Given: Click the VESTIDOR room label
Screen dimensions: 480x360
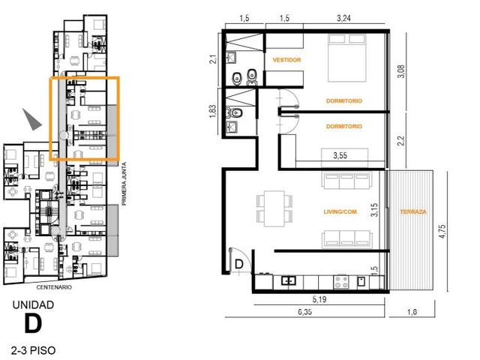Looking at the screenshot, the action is tap(286, 60).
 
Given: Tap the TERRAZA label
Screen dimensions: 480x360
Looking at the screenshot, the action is tap(413, 211).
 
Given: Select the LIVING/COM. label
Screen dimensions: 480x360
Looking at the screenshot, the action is tap(340, 211).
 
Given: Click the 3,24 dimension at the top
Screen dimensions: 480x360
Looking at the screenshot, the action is tap(343, 18).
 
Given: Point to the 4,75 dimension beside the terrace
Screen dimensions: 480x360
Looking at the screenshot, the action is tap(442, 232).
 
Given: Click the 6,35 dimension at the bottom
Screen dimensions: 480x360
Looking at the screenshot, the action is tap(305, 312).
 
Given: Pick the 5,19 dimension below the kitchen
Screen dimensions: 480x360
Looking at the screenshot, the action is tap(319, 299).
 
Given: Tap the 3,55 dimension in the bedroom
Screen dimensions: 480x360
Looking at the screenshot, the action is tap(340, 155).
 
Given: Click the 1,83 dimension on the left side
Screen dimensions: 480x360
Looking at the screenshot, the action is tap(213, 112).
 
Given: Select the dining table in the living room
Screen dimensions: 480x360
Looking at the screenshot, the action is tap(274, 208).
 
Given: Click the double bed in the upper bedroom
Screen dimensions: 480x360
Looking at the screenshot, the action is tap(347, 58).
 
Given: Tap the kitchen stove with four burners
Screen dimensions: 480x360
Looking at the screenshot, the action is tap(341, 283).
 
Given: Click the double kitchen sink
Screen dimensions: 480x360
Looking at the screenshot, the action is tap(289, 280).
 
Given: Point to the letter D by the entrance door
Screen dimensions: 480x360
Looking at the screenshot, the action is tap(238, 264).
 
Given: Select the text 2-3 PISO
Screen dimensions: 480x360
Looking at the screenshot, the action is tap(33, 350).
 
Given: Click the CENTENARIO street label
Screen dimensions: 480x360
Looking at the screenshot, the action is tap(54, 287).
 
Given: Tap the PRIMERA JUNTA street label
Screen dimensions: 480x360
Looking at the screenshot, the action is tap(124, 184).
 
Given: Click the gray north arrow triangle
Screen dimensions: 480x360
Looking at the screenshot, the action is tap(31, 119).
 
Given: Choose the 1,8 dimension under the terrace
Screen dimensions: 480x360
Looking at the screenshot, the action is tap(412, 312).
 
